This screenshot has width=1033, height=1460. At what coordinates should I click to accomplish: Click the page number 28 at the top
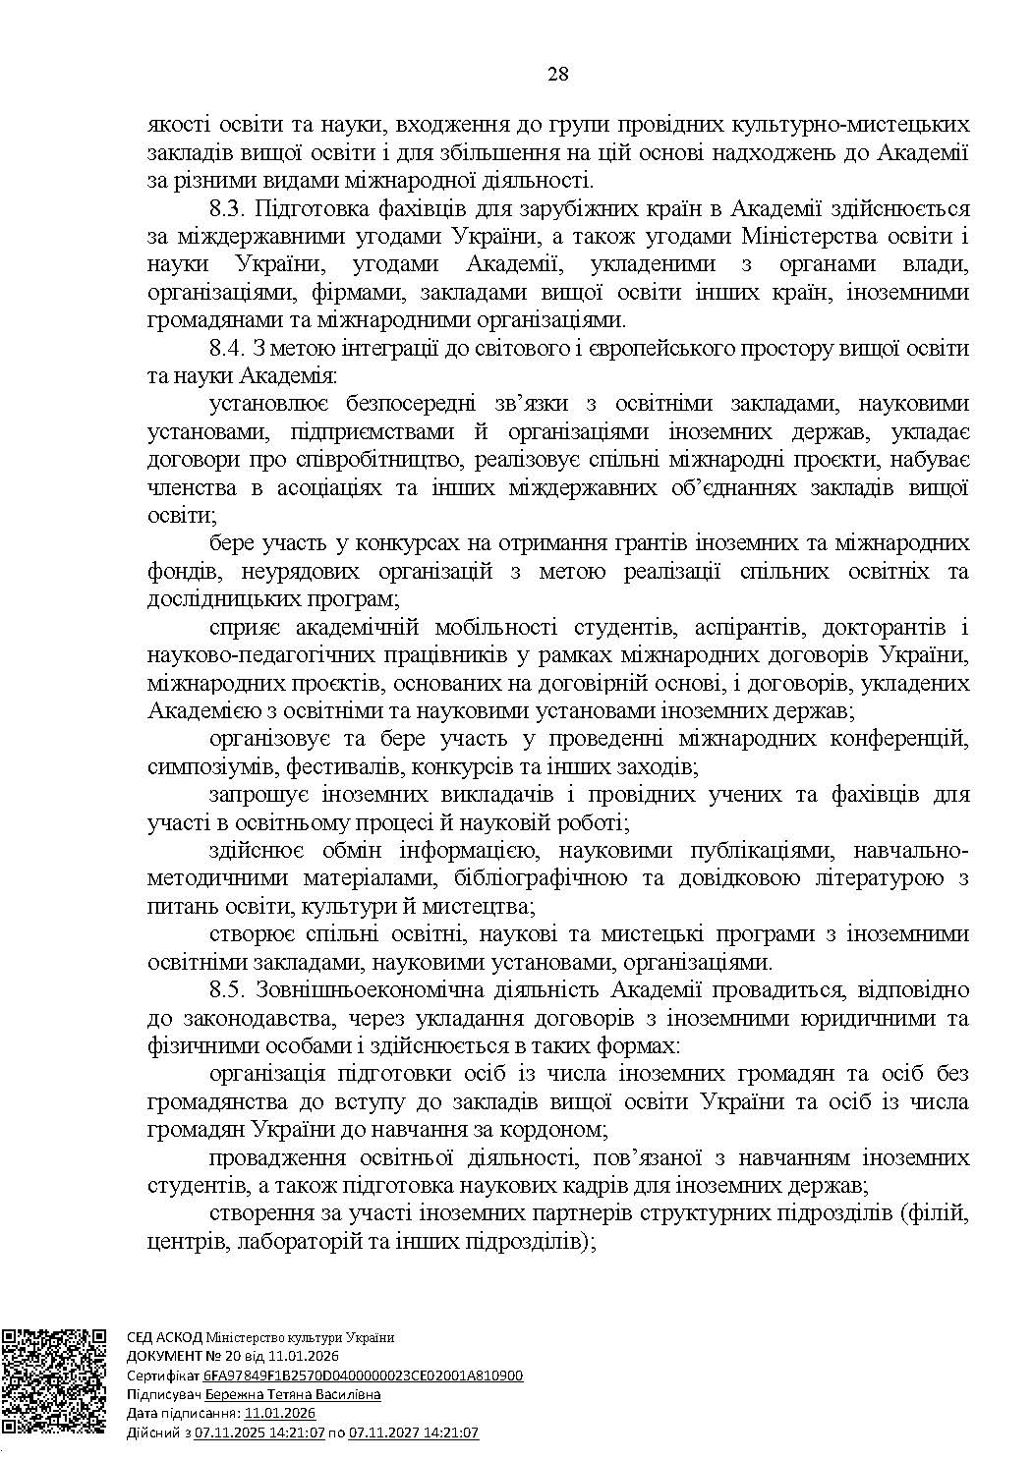tap(558, 75)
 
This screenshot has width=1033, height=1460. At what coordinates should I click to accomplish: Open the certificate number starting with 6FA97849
tap(363, 1376)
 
